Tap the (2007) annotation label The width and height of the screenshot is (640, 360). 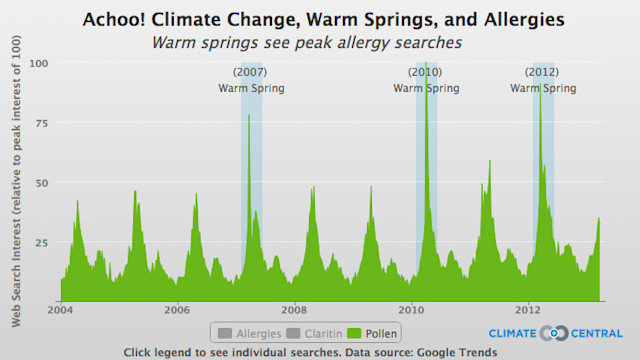[x=250, y=73]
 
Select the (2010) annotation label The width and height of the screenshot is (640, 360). [x=425, y=73]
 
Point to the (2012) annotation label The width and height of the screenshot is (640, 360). [x=543, y=73]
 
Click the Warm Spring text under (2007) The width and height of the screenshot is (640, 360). [x=251, y=88]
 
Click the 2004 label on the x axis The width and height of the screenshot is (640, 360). [x=60, y=310]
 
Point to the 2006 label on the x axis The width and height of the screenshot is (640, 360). [x=177, y=310]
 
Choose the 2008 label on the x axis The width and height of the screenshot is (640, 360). [x=294, y=310]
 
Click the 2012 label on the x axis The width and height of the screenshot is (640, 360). [x=528, y=310]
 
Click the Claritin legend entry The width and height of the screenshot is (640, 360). [x=313, y=332]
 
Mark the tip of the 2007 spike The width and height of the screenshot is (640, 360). [x=249, y=115]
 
